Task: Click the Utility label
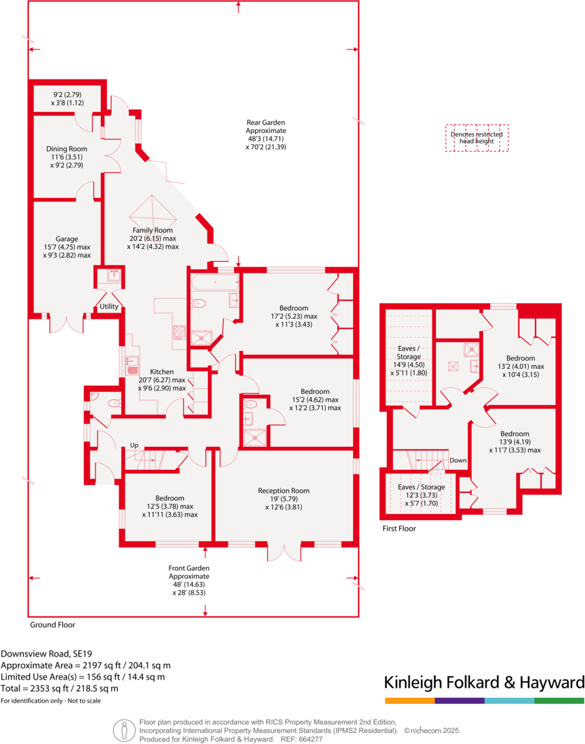pyautogui.click(x=108, y=307)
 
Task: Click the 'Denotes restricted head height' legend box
pyautogui.click(x=477, y=138)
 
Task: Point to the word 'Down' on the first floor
pyautogui.click(x=458, y=461)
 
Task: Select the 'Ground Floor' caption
pyautogui.click(x=52, y=625)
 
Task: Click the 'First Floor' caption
pyautogui.click(x=399, y=528)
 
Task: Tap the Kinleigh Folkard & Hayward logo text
pyautogui.click(x=483, y=682)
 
